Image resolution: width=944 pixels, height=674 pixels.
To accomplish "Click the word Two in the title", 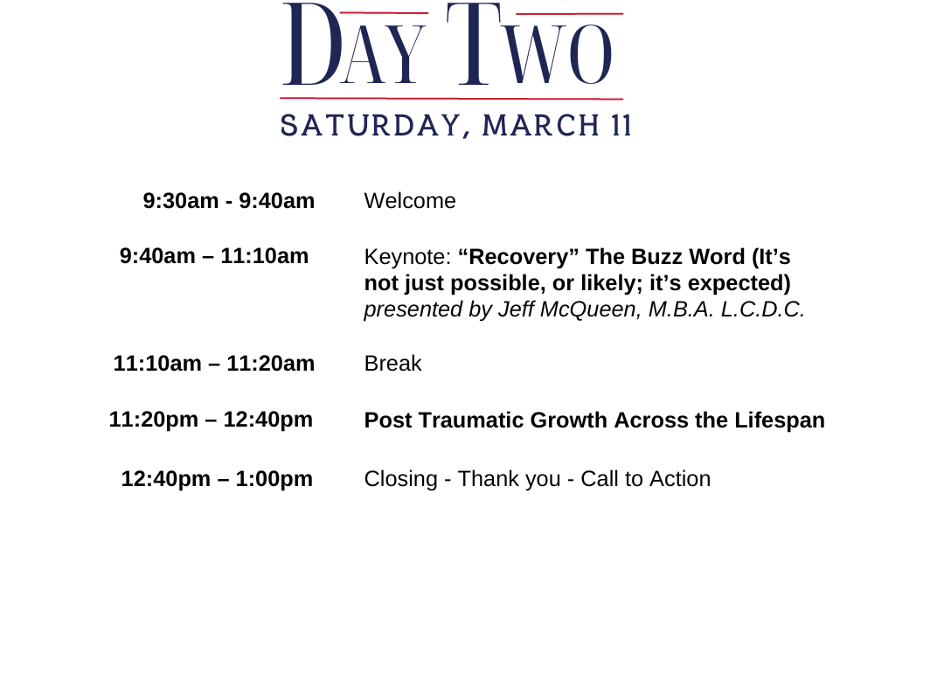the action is coord(530,44).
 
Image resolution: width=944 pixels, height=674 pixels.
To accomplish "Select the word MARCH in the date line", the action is coord(540,125).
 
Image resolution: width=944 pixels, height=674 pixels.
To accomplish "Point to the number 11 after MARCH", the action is coord(621,125).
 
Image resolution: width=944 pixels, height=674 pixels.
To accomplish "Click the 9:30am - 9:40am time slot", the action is coord(229,200).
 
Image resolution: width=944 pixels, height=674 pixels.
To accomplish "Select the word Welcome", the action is coord(410,200).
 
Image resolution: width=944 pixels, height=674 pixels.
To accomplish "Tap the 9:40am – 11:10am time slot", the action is coord(214,256).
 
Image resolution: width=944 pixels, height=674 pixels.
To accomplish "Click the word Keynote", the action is coord(407,257).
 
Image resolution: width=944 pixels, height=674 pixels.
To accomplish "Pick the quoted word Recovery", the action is coord(518,257).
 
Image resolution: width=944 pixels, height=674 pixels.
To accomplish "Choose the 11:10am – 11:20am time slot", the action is coord(214,363).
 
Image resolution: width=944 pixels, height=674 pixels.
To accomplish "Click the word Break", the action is coord(393,363).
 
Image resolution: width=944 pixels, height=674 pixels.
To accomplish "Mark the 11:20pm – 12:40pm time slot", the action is coord(211,420).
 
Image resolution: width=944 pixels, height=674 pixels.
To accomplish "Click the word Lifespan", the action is coord(780,420).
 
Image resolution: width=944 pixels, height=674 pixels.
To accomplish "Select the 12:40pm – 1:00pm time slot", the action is coord(217,479).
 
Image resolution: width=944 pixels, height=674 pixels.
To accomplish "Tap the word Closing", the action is coord(401,479).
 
